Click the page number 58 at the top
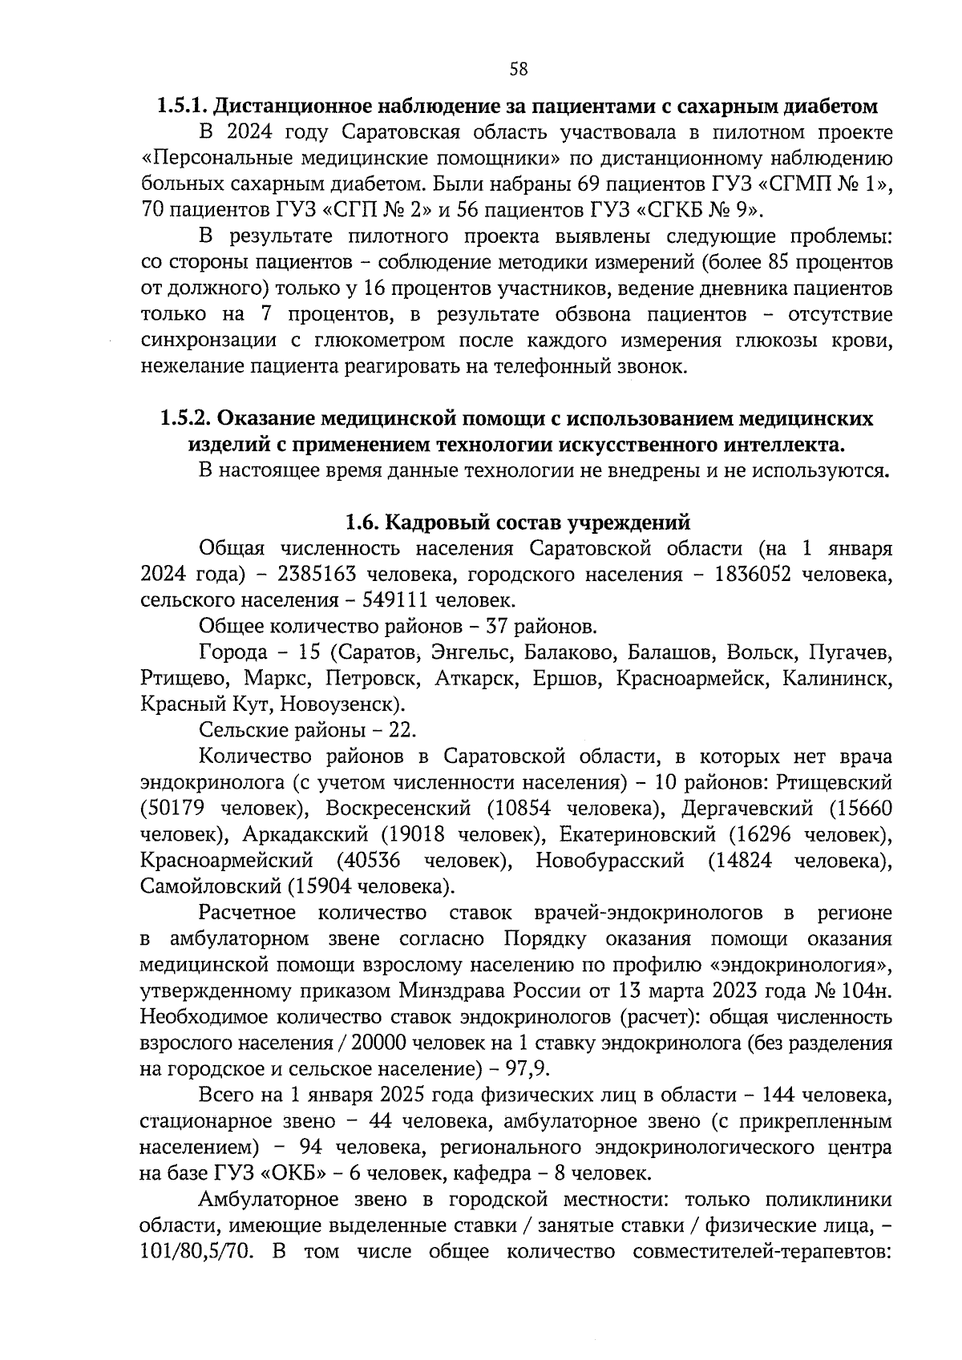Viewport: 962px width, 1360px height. point(519,69)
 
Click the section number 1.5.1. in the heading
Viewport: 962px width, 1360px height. point(183,106)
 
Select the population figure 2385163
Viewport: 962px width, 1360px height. point(317,575)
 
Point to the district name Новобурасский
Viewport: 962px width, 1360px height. point(610,861)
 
